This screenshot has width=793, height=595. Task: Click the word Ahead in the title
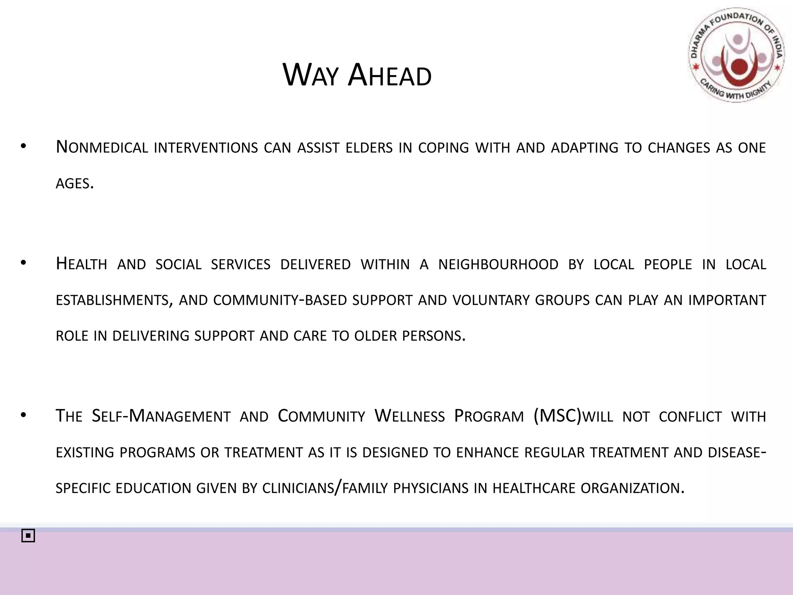[x=389, y=76]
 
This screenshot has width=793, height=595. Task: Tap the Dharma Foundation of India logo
[x=736, y=55]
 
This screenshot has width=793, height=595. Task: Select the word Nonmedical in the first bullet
[x=102, y=148]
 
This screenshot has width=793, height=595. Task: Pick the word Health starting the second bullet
[x=81, y=265]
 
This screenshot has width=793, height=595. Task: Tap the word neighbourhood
[x=498, y=265]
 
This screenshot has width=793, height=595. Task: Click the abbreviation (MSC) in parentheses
[x=558, y=416]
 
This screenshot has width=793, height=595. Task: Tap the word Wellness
[x=409, y=416]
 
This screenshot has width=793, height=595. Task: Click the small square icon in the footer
[x=28, y=536]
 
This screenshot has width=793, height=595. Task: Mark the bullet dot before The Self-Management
[x=23, y=415]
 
